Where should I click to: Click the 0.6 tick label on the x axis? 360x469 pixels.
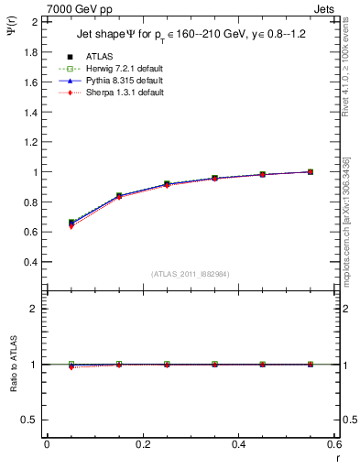[334, 444]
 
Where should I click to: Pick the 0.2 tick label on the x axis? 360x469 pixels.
[143, 444]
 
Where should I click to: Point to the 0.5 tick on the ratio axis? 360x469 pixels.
[33, 420]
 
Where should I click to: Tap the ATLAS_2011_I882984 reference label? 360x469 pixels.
[191, 274]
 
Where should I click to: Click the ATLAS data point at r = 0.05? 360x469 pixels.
[71, 223]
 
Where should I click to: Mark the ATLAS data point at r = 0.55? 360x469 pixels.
[311, 171]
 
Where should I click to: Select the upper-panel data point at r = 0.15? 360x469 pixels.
[119, 196]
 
